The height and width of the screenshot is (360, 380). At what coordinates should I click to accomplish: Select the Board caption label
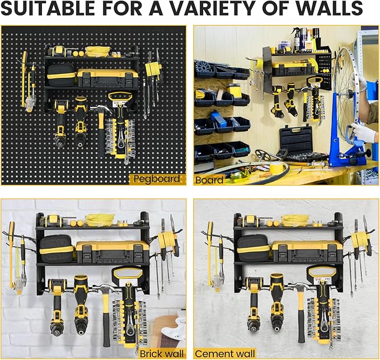point(209,180)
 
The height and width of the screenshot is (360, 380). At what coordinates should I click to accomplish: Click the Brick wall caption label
point(162,353)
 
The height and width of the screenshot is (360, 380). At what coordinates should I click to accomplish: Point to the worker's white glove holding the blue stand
point(363,133)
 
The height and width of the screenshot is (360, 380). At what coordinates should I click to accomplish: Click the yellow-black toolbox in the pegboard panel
point(107,77)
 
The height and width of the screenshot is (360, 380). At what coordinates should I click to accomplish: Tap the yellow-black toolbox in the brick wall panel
point(112,251)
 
